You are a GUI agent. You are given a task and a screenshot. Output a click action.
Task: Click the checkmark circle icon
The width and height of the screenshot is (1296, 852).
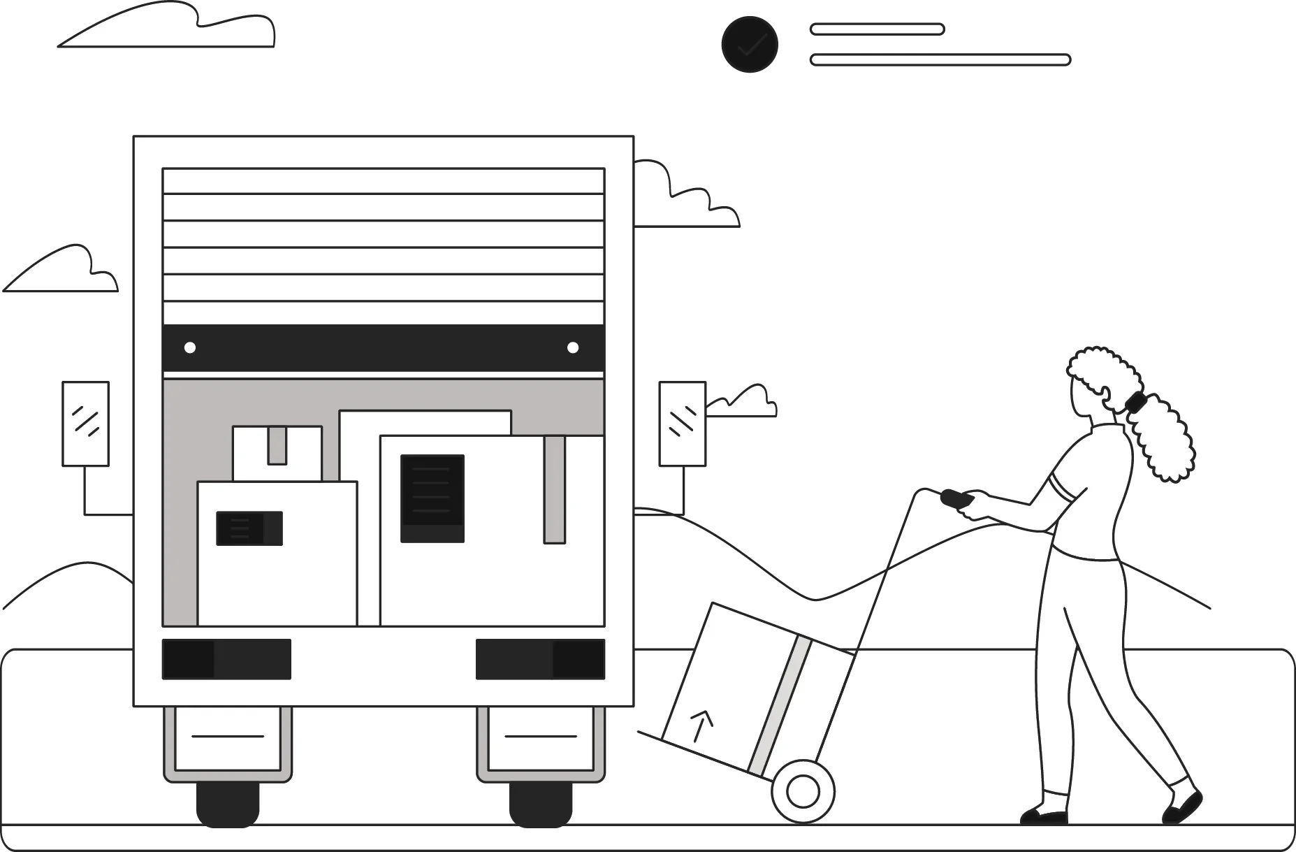click(x=750, y=45)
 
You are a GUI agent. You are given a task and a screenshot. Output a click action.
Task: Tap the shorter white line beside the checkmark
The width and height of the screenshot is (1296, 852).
click(x=877, y=29)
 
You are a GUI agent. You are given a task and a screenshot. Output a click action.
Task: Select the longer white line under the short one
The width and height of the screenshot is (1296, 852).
click(x=940, y=60)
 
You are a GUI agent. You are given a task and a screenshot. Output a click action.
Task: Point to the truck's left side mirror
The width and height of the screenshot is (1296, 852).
click(x=86, y=424)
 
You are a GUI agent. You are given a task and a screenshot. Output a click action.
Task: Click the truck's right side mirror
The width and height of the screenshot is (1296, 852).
click(x=683, y=424)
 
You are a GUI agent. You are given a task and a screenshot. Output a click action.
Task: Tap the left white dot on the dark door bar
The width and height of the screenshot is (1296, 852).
click(x=189, y=347)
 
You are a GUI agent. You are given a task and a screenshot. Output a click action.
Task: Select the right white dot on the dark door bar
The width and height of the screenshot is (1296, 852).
click(x=573, y=347)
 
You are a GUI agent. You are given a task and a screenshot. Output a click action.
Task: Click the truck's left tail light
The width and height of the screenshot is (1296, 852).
click(x=226, y=659)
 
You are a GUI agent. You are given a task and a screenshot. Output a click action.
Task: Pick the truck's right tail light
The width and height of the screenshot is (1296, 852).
click(x=540, y=659)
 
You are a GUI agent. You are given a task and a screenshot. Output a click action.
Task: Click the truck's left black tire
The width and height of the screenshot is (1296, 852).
click(x=228, y=804)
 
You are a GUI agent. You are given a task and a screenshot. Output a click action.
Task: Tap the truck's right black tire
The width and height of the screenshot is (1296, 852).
click(x=541, y=804)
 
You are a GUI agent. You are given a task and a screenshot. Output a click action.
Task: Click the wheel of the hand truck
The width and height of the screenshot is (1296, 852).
click(x=803, y=791)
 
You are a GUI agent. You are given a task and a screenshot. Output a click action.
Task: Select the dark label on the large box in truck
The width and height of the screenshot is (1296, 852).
click(x=432, y=498)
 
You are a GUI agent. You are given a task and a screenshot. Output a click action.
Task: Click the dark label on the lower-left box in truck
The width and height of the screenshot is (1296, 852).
click(x=249, y=528)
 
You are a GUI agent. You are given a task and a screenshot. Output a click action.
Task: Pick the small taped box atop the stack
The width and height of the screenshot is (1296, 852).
click(x=277, y=453)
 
